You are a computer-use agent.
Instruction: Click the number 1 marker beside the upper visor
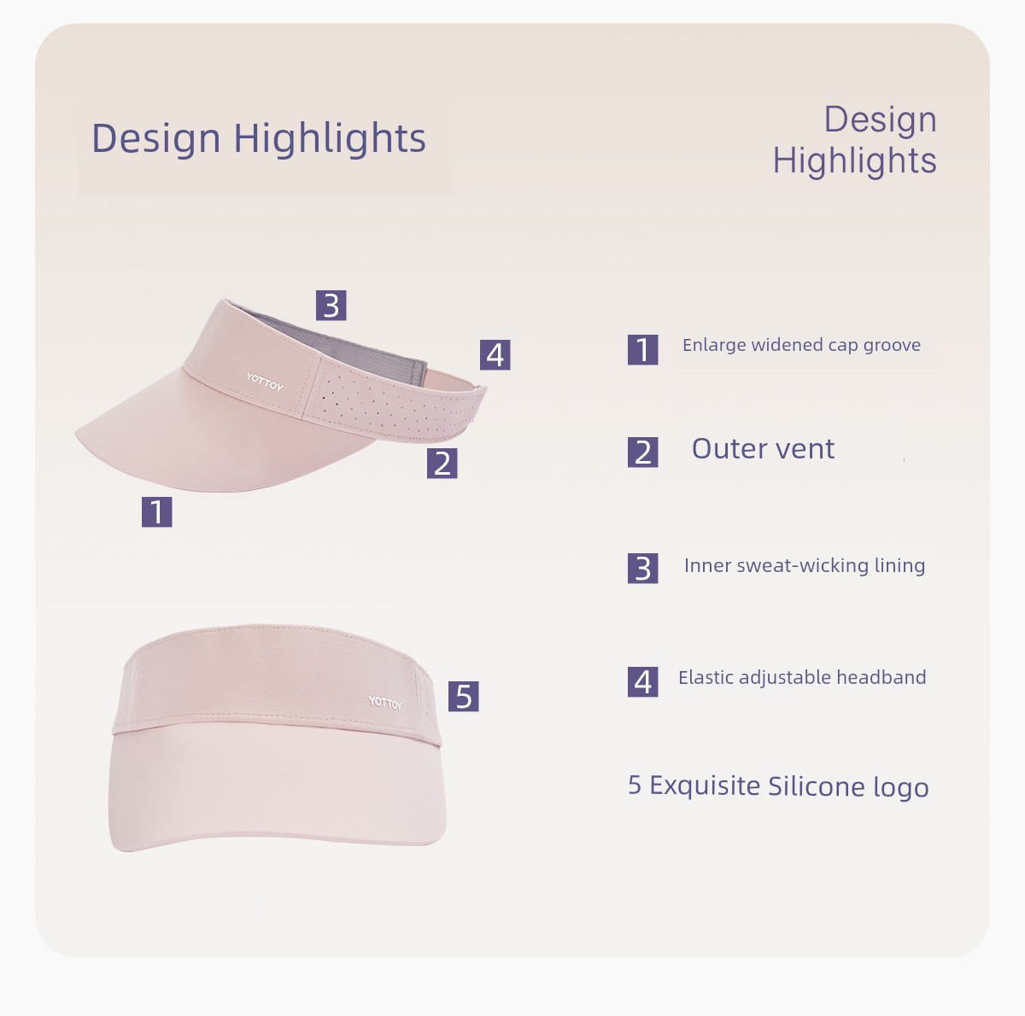[157, 511]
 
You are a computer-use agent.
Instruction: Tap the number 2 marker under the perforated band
[442, 463]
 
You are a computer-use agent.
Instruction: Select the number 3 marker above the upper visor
[331, 306]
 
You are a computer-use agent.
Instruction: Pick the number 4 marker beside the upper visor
[495, 355]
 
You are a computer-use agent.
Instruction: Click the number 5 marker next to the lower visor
[463, 697]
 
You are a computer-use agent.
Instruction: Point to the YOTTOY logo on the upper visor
[265, 382]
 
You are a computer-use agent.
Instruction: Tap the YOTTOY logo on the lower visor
[385, 703]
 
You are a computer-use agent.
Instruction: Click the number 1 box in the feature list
[642, 349]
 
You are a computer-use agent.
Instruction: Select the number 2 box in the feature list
[642, 453]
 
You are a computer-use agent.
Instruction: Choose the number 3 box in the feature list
[642, 568]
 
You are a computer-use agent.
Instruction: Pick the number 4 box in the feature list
[642, 682]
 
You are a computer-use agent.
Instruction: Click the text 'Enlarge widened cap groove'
[801, 346]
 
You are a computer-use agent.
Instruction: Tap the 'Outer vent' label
[764, 449]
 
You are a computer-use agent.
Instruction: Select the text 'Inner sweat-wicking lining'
[805, 566]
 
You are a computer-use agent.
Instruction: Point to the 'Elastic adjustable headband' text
[802, 678]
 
